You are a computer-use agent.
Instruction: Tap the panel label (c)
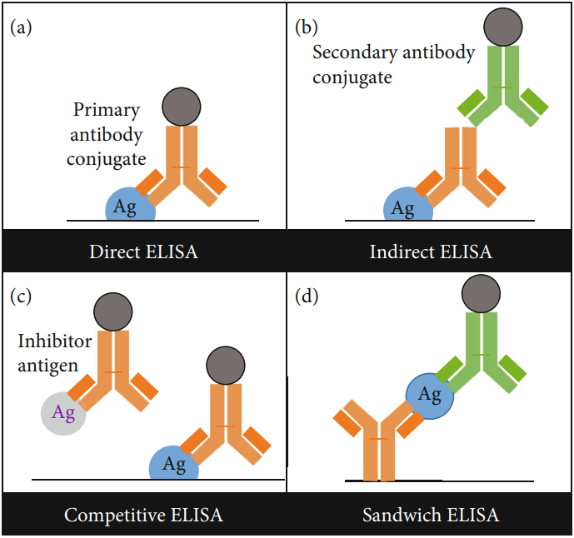click(x=22, y=295)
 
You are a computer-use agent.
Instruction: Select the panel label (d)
click(x=307, y=295)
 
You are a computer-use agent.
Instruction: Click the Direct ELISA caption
click(x=143, y=251)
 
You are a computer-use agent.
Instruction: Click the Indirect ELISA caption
click(x=430, y=251)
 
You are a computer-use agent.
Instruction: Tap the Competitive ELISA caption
click(x=143, y=515)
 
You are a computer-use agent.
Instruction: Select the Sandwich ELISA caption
click(x=430, y=515)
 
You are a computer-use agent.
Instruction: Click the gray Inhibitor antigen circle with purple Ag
click(x=63, y=412)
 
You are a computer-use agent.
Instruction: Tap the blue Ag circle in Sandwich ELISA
click(x=430, y=395)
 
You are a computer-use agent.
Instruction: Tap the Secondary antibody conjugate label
click(x=393, y=65)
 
